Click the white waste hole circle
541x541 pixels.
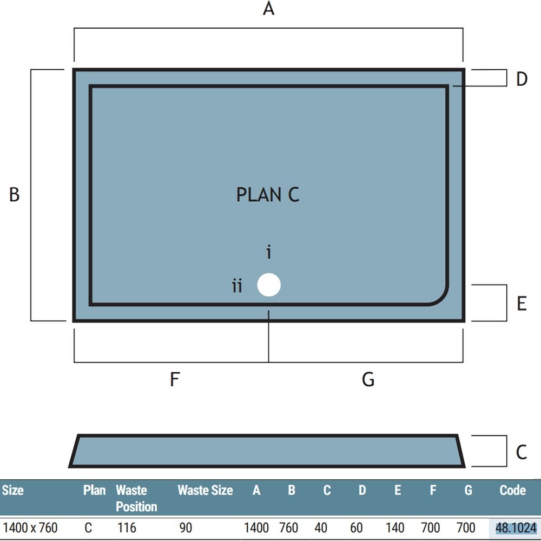pyautogui.click(x=269, y=285)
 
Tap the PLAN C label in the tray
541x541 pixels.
pyautogui.click(x=268, y=194)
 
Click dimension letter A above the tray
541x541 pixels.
pyautogui.click(x=268, y=8)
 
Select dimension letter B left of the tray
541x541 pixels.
pyautogui.click(x=14, y=194)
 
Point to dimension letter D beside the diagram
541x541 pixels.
pyautogui.click(x=522, y=79)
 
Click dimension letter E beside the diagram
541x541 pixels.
pyautogui.click(x=522, y=304)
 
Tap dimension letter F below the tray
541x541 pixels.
pyautogui.click(x=175, y=379)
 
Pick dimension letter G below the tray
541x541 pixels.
pyautogui.click(x=368, y=379)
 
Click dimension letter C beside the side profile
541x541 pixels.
pyautogui.click(x=522, y=452)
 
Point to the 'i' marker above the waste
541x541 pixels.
pyautogui.click(x=269, y=252)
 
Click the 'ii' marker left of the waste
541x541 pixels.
pyautogui.click(x=237, y=286)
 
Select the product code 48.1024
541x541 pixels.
pyautogui.click(x=516, y=528)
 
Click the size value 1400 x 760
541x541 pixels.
pyautogui.click(x=30, y=528)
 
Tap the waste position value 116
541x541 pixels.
pyautogui.click(x=127, y=528)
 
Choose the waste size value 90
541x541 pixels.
pyautogui.click(x=186, y=528)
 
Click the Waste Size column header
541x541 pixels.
pyautogui.click(x=205, y=490)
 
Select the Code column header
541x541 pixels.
pyautogui.click(x=513, y=490)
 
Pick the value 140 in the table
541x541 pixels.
pyautogui.click(x=395, y=528)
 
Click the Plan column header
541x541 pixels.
pyautogui.click(x=94, y=490)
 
